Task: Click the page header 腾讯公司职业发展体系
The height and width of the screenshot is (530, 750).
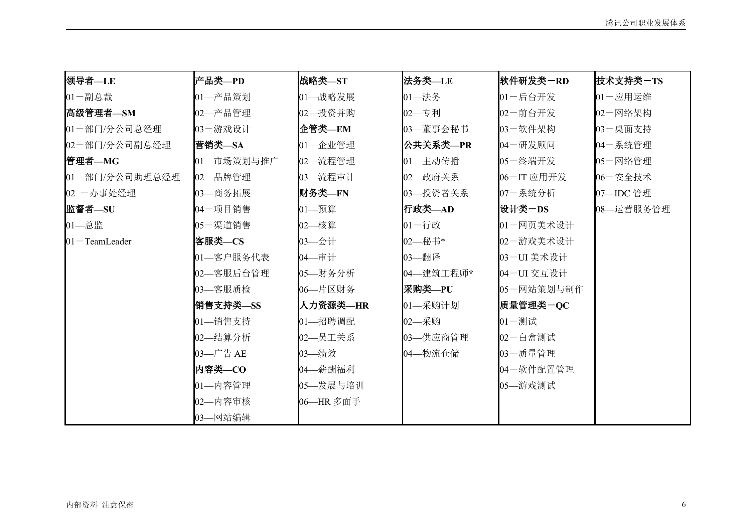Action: [645, 23]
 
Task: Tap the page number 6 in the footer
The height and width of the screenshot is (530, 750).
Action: [684, 504]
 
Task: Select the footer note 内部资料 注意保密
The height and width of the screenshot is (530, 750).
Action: [100, 505]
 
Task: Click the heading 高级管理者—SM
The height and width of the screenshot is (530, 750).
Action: [101, 113]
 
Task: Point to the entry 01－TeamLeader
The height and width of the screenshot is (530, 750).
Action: [99, 241]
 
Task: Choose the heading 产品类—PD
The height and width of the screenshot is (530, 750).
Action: [220, 81]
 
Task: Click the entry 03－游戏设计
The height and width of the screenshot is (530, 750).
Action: [223, 129]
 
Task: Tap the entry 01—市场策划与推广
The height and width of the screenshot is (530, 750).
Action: [237, 161]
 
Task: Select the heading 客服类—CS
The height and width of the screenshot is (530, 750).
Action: [219, 241]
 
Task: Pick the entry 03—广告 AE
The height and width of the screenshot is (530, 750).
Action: [220, 354]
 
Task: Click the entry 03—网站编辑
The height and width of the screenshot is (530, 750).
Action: [223, 418]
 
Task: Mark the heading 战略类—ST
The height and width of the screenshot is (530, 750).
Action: [323, 81]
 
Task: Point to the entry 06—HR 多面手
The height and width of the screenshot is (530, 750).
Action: [330, 402]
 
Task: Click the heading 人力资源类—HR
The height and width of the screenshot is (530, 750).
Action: [334, 306]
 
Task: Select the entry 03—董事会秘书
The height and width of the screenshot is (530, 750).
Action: [436, 129]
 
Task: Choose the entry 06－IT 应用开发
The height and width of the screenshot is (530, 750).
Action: [533, 177]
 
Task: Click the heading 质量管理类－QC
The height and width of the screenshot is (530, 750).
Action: [534, 306]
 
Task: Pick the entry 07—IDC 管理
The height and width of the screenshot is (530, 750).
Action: [623, 193]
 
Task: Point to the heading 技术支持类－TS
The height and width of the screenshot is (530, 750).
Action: [629, 81]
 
